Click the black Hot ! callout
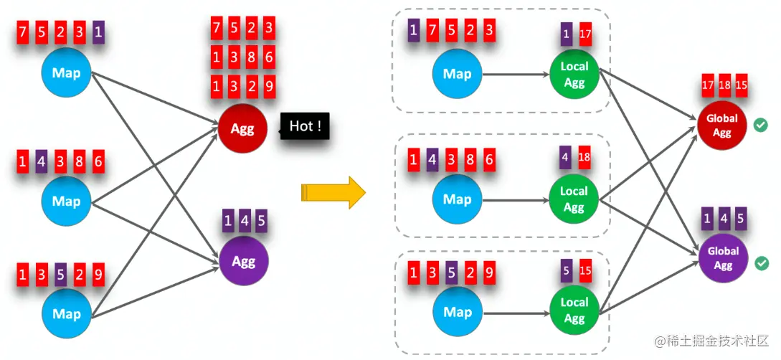tap(305, 128)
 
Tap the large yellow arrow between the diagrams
tap(333, 193)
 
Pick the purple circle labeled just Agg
tap(243, 261)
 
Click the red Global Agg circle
tap(722, 125)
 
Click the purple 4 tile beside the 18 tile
tap(566, 157)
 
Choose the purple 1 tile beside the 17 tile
tap(567, 34)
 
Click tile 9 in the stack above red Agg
tap(268, 87)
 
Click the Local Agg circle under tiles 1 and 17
tap(574, 75)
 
